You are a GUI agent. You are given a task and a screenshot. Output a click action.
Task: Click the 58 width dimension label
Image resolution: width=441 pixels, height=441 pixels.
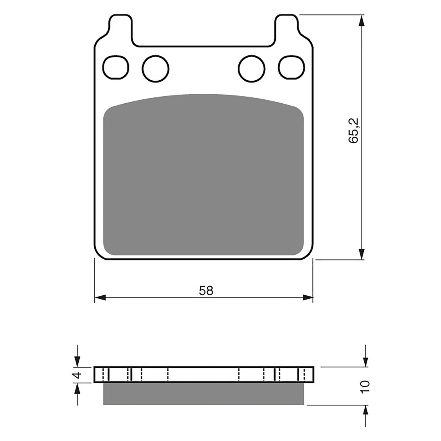[206, 291]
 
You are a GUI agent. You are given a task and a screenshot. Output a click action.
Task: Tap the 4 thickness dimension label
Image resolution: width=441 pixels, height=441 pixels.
[78, 375]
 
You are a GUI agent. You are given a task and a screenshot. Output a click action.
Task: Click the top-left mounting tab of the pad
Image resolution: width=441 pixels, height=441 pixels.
[121, 26]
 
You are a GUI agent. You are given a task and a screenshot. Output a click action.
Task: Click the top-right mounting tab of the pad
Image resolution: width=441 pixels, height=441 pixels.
[287, 26]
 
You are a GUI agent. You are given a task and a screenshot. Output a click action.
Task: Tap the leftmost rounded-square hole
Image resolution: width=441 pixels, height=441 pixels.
[116, 67]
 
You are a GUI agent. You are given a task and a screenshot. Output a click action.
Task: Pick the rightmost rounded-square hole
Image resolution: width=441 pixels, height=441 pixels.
[292, 67]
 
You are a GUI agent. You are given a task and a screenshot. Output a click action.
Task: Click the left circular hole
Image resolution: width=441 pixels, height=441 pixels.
[155, 68]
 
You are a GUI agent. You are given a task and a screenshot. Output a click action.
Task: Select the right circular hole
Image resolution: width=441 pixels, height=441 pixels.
[251, 68]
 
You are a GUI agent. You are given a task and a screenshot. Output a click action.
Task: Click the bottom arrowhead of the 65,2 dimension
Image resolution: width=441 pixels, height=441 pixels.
[361, 254]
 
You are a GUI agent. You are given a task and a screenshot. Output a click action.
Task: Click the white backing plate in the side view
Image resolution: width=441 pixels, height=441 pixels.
[203, 375]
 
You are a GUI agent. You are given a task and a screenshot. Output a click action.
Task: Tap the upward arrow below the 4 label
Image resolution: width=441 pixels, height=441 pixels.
[78, 389]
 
